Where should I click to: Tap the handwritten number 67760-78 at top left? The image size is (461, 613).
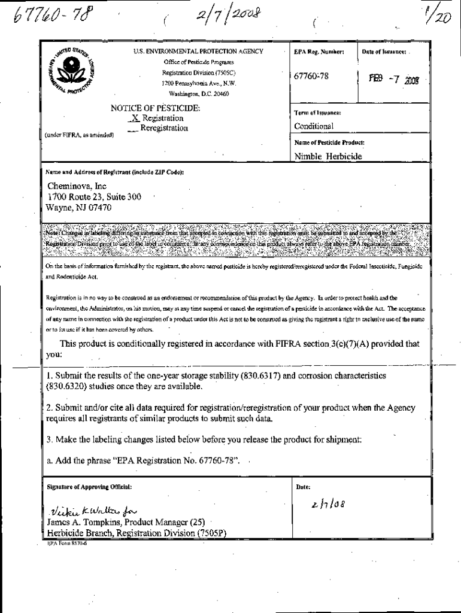pos(46,16)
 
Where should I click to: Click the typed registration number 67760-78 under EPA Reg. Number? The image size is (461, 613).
pos(311,77)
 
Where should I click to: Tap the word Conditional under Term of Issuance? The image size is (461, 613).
pos(314,126)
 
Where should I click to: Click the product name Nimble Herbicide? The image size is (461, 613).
pos(328,157)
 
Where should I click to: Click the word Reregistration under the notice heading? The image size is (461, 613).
pos(163,128)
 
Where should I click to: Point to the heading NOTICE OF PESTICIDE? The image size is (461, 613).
pos(155,108)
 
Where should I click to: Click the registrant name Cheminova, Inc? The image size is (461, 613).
pos(77,186)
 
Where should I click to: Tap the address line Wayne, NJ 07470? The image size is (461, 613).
pos(79,207)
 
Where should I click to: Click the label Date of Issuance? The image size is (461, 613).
pos(384,52)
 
